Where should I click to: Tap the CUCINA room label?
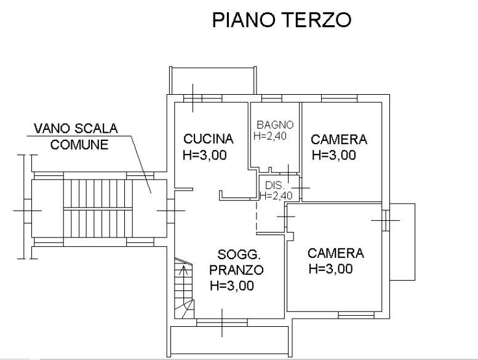tap(209, 139)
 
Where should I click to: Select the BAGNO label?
tap(275, 125)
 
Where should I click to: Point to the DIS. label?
tap(274, 185)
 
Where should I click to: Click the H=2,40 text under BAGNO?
tap(270, 136)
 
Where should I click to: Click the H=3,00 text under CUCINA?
tap(205, 155)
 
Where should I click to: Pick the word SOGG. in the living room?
tap(239, 254)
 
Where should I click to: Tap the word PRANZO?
tap(237, 270)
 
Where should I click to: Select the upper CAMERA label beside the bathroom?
tap(339, 139)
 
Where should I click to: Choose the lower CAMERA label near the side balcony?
tap(336, 253)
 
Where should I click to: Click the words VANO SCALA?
tap(76, 129)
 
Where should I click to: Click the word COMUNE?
tap(79, 145)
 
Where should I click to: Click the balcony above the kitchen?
tap(213, 81)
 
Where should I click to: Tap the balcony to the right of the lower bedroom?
tap(402, 242)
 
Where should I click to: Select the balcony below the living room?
tap(229, 342)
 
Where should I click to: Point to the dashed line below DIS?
tap(257, 216)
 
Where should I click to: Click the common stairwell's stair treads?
tap(98, 208)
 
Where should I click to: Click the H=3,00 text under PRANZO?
tap(232, 286)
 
